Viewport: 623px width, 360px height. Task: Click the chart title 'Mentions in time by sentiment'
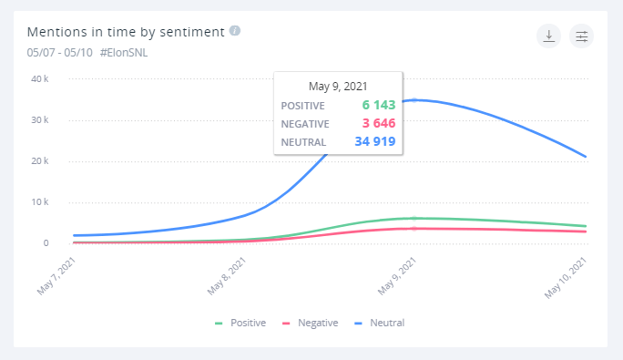point(126,32)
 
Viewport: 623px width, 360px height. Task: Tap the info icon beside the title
point(235,31)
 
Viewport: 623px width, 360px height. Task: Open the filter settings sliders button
point(581,36)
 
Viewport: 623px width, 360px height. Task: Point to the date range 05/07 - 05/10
point(59,52)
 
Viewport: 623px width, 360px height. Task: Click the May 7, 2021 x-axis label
point(56,275)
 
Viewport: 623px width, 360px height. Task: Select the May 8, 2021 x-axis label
point(228,275)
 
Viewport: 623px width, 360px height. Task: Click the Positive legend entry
point(240,323)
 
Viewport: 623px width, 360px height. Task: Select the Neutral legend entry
point(380,323)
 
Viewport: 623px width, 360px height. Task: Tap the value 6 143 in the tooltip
point(375,106)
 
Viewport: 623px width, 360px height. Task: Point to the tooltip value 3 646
point(375,124)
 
